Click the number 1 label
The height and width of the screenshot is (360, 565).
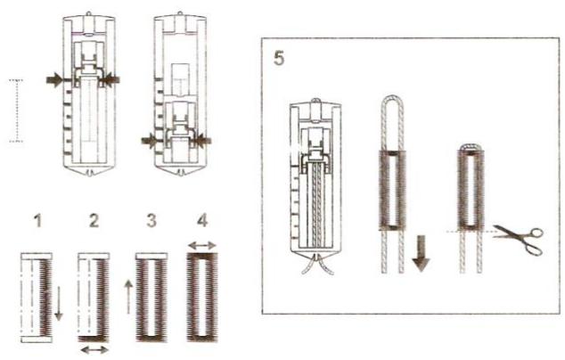click(36, 218)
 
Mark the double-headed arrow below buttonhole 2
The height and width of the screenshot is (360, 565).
click(94, 350)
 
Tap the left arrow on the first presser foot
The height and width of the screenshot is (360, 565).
click(56, 80)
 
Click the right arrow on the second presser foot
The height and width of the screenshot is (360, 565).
click(204, 140)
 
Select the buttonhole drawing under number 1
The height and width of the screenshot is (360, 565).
click(37, 299)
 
